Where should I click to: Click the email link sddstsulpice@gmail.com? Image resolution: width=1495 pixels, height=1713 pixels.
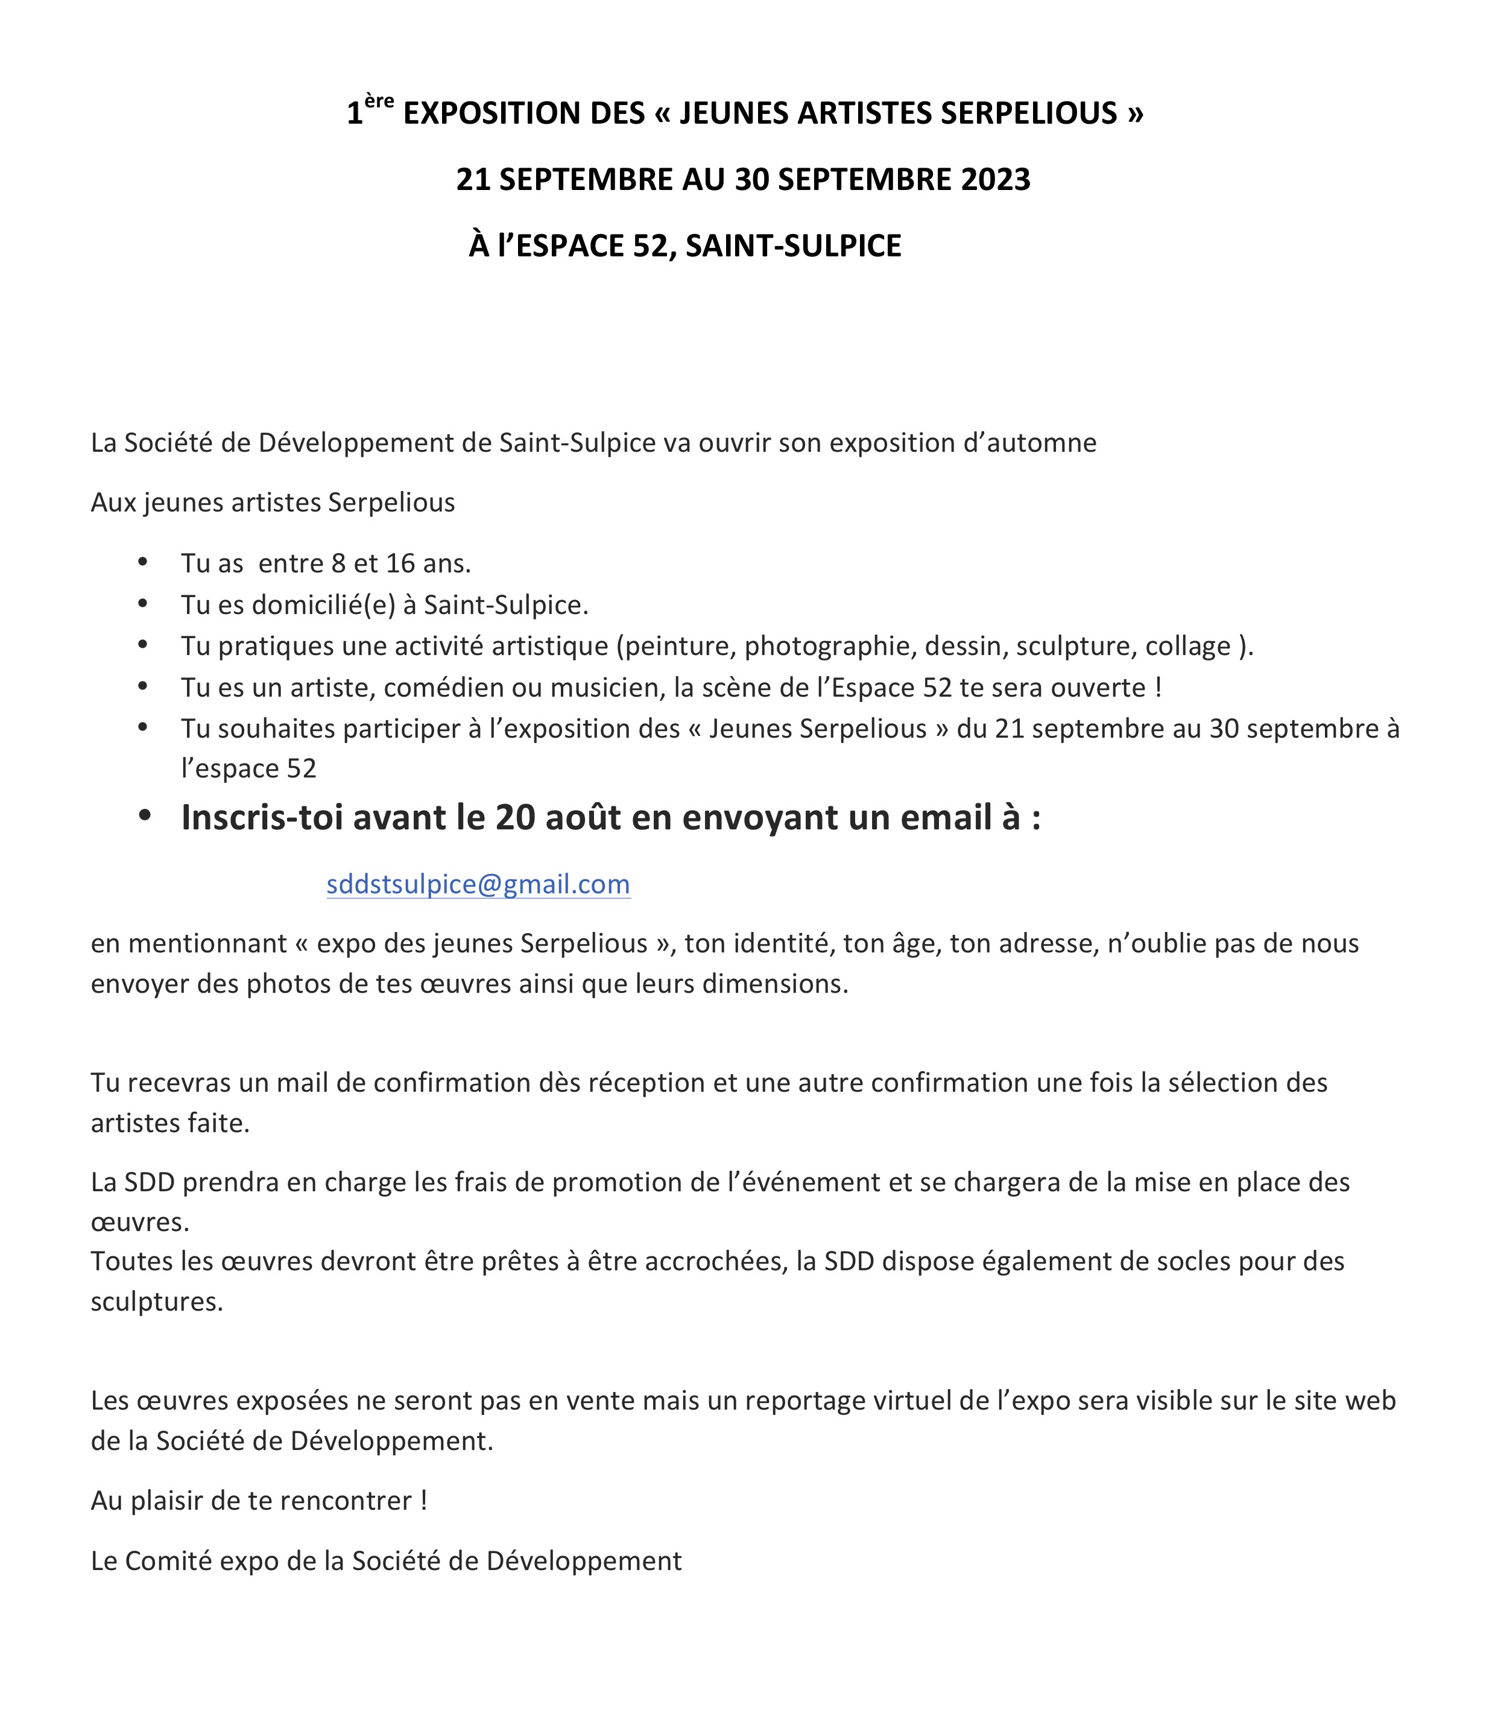pyautogui.click(x=478, y=884)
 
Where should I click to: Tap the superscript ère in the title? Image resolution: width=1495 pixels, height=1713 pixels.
pyautogui.click(x=379, y=102)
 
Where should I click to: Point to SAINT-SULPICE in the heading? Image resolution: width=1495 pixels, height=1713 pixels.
pyautogui.click(x=794, y=246)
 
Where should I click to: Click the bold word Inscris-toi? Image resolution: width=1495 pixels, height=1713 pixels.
pyautogui.click(x=261, y=818)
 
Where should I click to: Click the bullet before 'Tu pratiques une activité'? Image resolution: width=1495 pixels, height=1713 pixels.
pyautogui.click(x=144, y=645)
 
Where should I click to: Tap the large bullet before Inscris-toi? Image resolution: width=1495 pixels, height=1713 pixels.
pyautogui.click(x=145, y=817)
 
